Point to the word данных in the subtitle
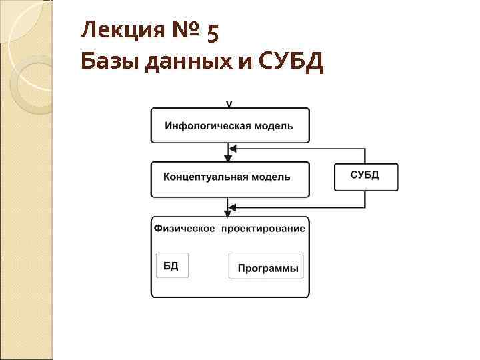pyautogui.click(x=167, y=64)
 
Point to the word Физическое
pyautogui.click(x=185, y=229)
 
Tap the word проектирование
pyautogui.click(x=263, y=229)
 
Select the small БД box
pyautogui.click(x=171, y=265)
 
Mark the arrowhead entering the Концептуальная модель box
pyautogui.click(x=229, y=158)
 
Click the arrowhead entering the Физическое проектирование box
pyautogui.click(x=229, y=212)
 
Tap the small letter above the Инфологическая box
pyautogui.click(x=229, y=104)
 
